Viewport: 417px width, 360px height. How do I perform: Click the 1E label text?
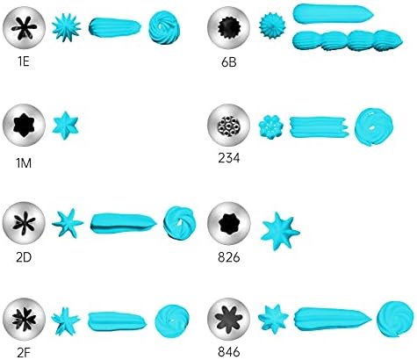coord(24,61)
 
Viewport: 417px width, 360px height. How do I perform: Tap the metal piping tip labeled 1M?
coord(24,125)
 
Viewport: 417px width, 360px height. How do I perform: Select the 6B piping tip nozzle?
coord(228,27)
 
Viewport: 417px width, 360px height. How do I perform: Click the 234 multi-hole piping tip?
coord(228,126)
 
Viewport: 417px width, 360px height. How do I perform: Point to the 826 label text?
coord(228,257)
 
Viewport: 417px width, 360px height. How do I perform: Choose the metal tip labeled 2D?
coord(24,223)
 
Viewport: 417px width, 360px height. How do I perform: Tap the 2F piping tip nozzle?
coord(24,320)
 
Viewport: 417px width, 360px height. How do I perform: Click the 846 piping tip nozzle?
coord(228,320)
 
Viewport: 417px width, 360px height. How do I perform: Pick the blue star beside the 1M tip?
coord(65,126)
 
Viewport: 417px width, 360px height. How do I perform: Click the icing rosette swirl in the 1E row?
coord(164,28)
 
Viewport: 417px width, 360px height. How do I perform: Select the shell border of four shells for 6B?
coord(348,40)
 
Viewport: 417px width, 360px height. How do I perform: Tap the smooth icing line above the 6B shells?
coord(333,14)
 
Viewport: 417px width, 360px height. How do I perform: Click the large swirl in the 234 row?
coord(374,127)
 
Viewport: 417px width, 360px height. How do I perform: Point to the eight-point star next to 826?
coord(280,231)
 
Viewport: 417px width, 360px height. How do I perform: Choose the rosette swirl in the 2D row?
coord(180,223)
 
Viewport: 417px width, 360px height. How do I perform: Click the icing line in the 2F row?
coord(118,320)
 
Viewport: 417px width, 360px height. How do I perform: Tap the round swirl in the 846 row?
coord(394,320)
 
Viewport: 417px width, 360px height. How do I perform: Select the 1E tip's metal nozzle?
coord(24,27)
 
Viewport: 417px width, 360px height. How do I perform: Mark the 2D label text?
coord(24,257)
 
